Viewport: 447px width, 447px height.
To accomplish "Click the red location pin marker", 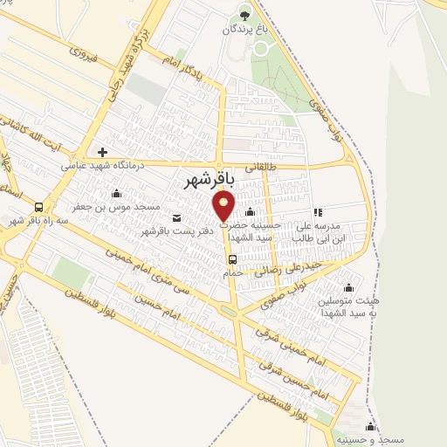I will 224,206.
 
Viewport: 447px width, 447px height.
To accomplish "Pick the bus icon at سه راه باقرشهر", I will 39,208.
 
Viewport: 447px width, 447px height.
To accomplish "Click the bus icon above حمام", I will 232,259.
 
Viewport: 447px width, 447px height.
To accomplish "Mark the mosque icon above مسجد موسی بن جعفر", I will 117,194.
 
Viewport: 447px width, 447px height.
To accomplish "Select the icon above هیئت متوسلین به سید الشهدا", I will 349,288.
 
